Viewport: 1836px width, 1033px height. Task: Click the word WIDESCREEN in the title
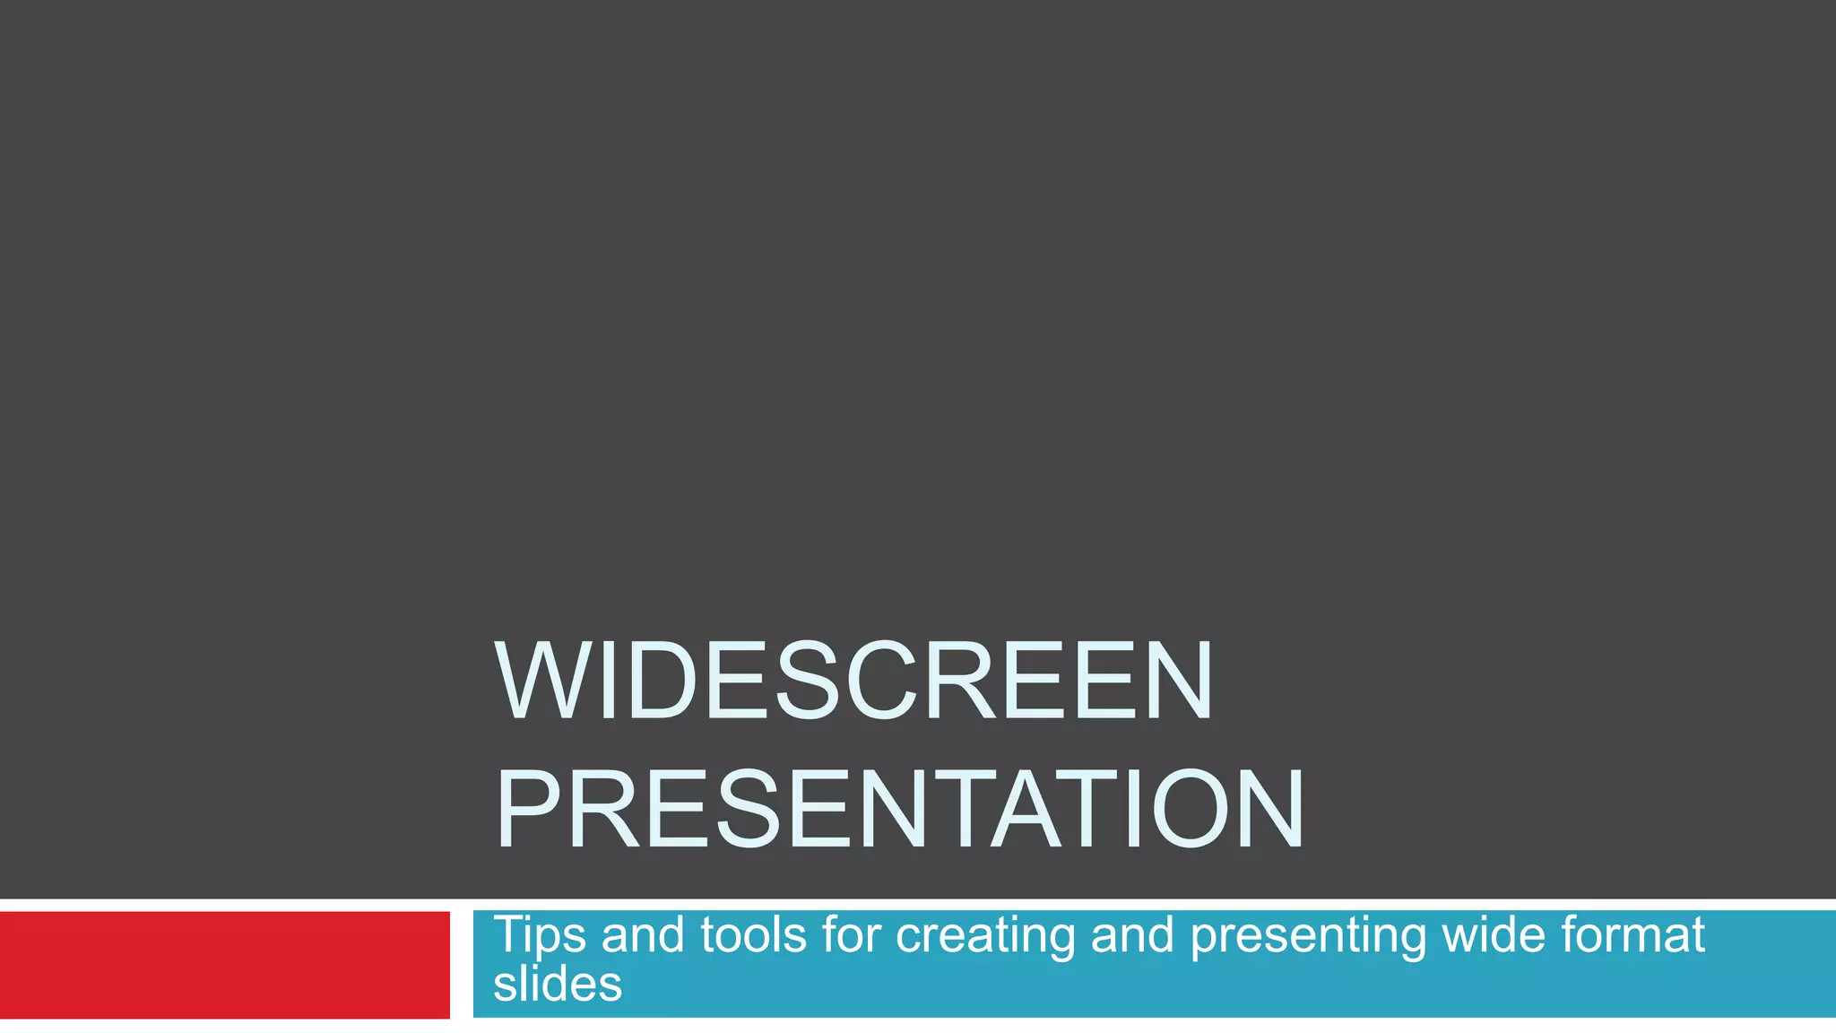click(853, 681)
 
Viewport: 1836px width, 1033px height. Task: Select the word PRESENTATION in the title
click(899, 810)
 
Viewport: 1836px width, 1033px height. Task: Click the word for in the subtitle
click(851, 934)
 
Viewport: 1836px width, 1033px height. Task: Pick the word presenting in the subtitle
click(1307, 936)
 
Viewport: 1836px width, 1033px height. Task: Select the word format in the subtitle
click(1632, 934)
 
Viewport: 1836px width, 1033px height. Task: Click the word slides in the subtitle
click(557, 985)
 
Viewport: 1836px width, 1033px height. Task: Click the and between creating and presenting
click(1131, 934)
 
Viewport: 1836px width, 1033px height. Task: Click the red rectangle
click(224, 965)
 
